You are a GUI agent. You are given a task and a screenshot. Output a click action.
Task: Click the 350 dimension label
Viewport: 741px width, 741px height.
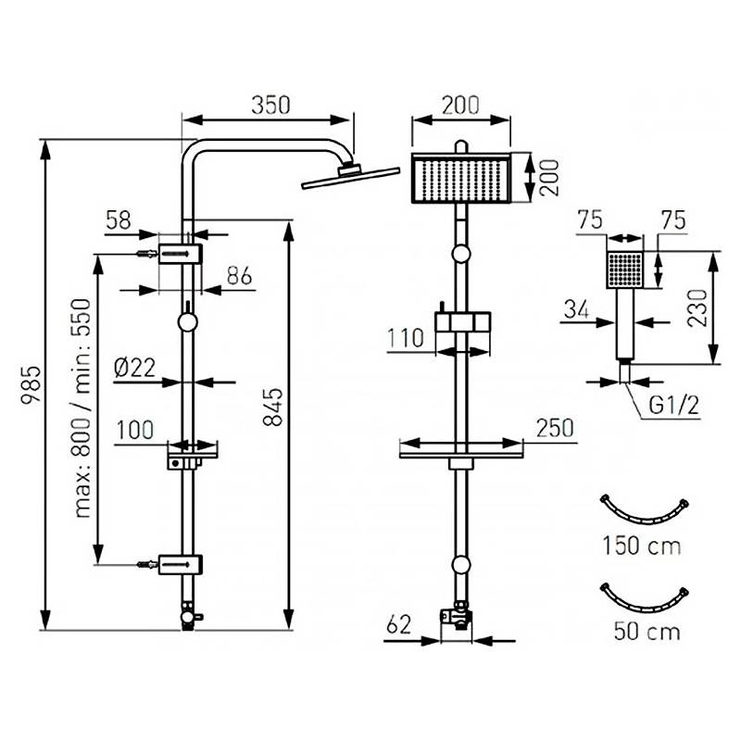[270, 106]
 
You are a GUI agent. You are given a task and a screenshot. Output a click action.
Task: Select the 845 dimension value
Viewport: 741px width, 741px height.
[273, 407]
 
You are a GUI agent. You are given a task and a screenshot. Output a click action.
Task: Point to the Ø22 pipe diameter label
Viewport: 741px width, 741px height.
[135, 367]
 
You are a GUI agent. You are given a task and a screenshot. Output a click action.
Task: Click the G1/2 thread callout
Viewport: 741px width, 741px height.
[674, 406]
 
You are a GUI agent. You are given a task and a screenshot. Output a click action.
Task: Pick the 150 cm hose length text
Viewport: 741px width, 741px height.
[642, 546]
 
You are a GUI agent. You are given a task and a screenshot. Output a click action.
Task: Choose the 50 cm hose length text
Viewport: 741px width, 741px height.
[647, 632]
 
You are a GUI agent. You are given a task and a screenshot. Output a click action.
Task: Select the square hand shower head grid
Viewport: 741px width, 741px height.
[624, 270]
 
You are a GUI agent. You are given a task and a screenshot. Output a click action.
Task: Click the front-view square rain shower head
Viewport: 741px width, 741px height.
[461, 178]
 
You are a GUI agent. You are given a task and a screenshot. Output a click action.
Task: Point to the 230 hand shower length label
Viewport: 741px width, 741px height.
[697, 308]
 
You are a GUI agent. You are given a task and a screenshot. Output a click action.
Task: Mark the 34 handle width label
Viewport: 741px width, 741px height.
[576, 310]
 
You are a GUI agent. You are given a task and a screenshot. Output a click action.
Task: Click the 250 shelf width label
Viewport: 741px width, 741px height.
[555, 428]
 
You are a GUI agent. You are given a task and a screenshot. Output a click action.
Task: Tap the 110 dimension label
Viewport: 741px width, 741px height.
[406, 338]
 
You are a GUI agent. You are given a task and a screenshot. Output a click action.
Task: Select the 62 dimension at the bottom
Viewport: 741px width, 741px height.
[399, 625]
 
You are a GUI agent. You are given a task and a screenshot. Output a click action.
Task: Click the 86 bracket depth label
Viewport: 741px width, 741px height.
[240, 276]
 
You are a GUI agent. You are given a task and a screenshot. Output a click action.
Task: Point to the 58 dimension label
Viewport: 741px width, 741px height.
[119, 220]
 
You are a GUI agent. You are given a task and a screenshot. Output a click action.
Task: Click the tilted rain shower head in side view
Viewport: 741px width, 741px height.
[351, 177]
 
